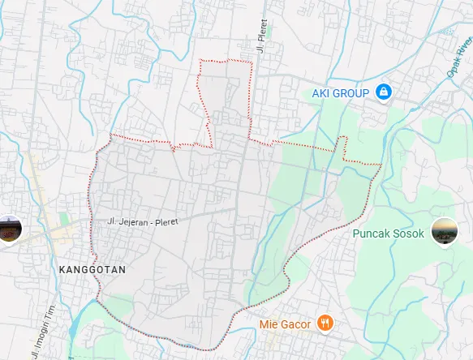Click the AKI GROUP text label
pos(341,93)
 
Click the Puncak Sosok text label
pos(389,234)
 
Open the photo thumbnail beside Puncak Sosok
pos(444,231)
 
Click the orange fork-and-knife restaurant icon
pos(325,323)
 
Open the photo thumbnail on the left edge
pos(8,229)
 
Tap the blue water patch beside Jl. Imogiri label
pos(71,332)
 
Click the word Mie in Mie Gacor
pos(268,324)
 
